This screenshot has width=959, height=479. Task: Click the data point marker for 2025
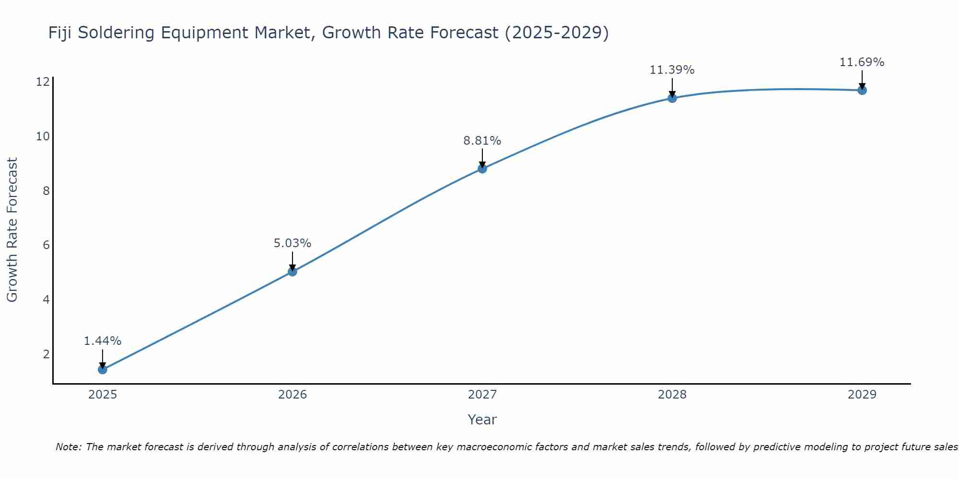[102, 369]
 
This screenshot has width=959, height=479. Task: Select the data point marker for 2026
[292, 272]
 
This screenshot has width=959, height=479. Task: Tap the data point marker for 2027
[482, 169]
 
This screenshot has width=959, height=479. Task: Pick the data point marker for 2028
[672, 98]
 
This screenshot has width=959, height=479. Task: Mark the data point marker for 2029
[862, 90]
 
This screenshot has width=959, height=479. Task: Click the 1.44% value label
[103, 341]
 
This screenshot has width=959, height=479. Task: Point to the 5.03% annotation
[292, 243]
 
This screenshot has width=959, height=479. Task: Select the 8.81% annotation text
[482, 141]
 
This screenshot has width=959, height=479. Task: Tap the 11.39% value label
[672, 70]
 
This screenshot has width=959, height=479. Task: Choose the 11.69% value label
[862, 62]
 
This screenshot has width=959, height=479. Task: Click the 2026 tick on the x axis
[292, 395]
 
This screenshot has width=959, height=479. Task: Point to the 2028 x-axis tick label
[672, 395]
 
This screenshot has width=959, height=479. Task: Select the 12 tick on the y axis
[43, 82]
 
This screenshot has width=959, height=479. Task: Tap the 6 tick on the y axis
[46, 245]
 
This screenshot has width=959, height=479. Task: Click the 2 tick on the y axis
[46, 354]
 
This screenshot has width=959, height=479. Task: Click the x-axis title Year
[482, 420]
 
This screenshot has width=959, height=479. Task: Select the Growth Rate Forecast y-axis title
[12, 230]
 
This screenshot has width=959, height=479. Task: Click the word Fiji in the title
[60, 33]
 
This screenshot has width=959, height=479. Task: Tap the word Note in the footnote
[69, 447]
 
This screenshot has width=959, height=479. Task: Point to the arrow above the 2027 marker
[482, 158]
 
